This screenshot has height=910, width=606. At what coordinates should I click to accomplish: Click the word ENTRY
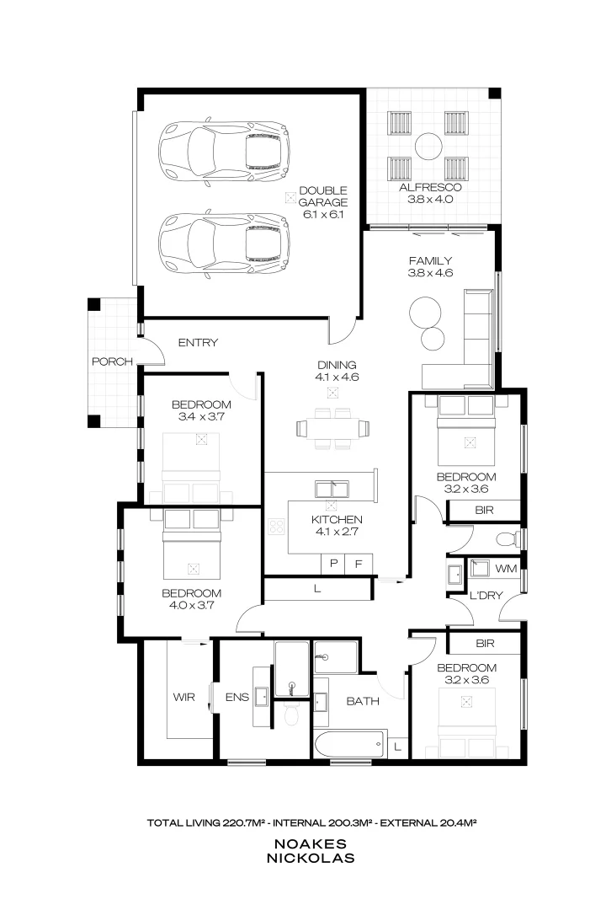[199, 343]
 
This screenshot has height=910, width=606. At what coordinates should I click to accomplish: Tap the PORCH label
[113, 361]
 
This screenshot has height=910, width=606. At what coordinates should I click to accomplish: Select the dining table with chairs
[332, 427]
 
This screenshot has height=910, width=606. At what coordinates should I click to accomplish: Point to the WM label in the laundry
[505, 570]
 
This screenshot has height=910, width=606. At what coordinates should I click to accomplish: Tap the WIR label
[184, 698]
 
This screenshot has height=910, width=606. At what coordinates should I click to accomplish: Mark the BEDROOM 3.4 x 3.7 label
[200, 409]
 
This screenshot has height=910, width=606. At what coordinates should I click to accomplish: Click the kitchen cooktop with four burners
[277, 527]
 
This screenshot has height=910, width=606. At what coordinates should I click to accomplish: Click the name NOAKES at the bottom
[311, 843]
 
